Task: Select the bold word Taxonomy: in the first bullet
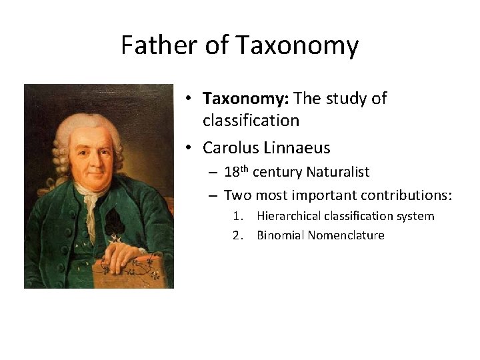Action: pyautogui.click(x=245, y=99)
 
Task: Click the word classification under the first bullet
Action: pyautogui.click(x=251, y=121)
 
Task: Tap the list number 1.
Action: pyautogui.click(x=237, y=216)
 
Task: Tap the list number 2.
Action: pyautogui.click(x=237, y=235)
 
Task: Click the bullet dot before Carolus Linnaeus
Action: pyautogui.click(x=190, y=147)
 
